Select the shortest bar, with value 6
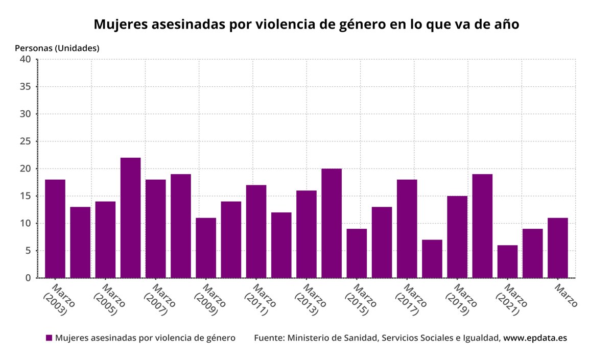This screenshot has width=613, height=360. [507, 261]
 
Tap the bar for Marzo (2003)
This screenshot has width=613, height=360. [55, 229]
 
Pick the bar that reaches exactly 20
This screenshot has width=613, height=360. [332, 223]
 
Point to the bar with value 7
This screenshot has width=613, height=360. [432, 259]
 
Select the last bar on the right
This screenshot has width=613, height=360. [558, 248]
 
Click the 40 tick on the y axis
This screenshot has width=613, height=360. [26, 59]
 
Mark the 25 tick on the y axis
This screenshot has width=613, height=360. [26, 141]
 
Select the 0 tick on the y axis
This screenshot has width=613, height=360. [28, 278]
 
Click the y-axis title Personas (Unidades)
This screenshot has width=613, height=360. [57, 48]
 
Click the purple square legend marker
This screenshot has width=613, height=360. [49, 338]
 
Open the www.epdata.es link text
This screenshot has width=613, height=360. [535, 338]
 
